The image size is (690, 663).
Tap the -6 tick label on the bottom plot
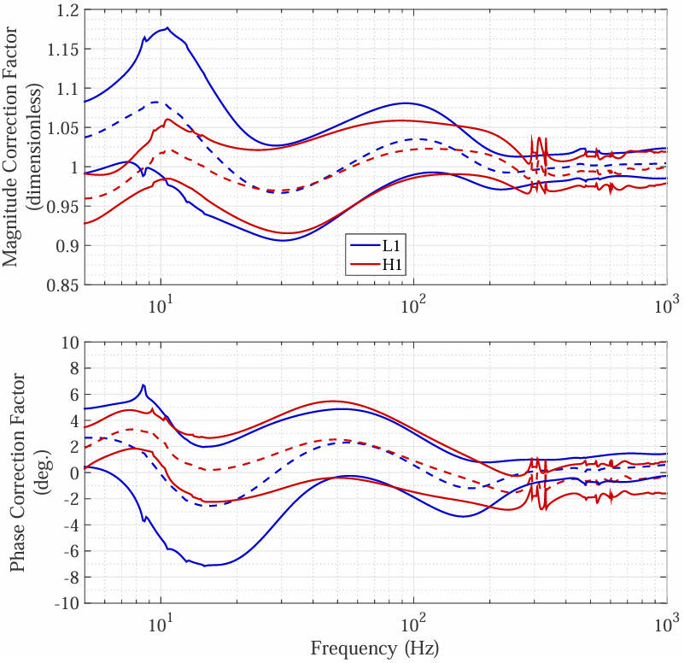pos(65,550)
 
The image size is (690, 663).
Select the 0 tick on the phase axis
pos(69,472)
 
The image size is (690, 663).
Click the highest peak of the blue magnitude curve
pos(167,28)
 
